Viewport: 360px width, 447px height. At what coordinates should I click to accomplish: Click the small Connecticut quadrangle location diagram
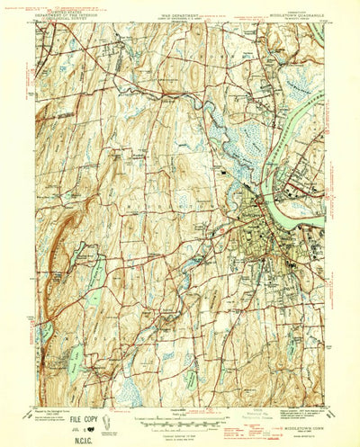click(109, 420)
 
